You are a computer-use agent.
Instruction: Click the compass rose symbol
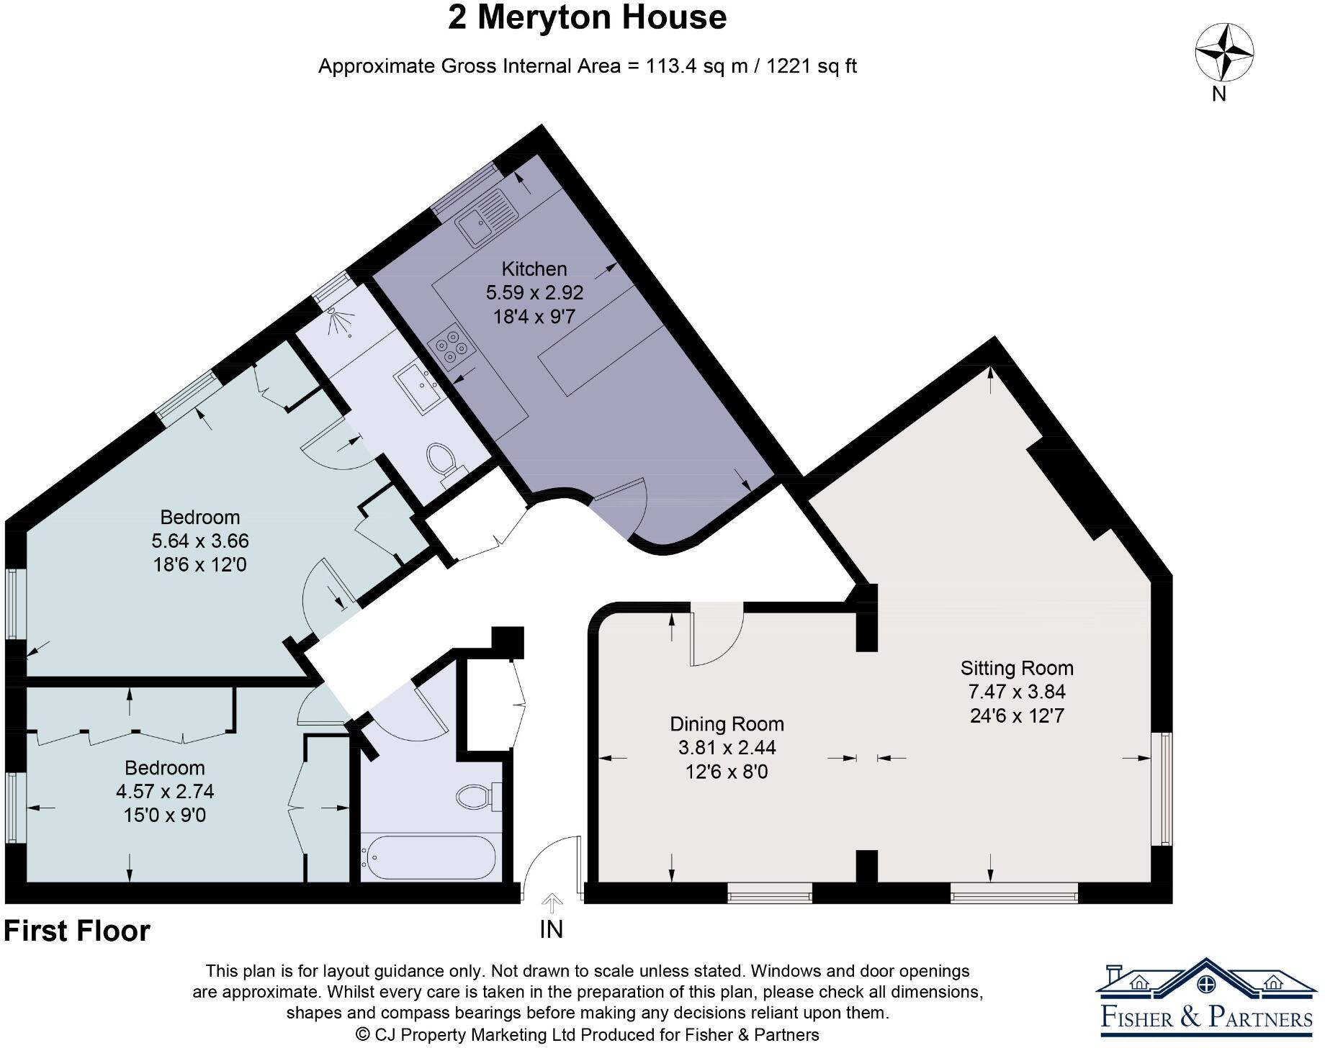click(1223, 53)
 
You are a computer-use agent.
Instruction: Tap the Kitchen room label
click(534, 269)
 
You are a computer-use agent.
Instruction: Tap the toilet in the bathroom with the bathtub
click(475, 797)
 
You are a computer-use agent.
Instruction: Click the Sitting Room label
click(1016, 668)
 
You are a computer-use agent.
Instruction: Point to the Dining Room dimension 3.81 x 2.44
click(727, 748)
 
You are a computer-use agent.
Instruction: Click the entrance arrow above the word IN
click(552, 903)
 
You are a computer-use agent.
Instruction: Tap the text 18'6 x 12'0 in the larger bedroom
click(199, 565)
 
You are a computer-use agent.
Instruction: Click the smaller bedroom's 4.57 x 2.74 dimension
click(165, 792)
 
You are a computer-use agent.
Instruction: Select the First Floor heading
click(77, 931)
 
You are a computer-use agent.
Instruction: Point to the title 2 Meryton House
click(587, 17)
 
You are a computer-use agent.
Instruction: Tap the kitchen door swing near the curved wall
click(621, 504)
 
